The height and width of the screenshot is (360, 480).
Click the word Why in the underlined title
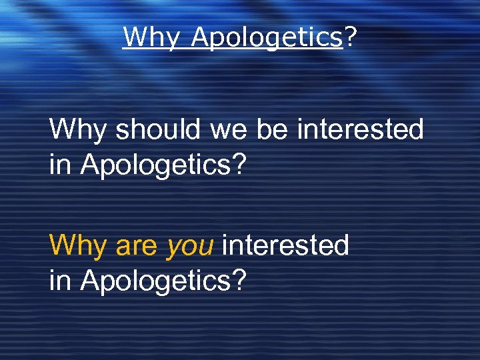(x=151, y=37)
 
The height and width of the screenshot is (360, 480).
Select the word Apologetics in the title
(x=266, y=37)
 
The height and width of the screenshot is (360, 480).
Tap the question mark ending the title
(x=349, y=37)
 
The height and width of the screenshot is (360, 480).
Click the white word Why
(x=79, y=129)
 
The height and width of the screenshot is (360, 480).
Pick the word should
(x=158, y=129)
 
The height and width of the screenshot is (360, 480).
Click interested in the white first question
(x=360, y=129)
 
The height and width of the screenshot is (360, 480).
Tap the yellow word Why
(x=79, y=246)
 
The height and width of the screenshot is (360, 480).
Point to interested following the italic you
(x=285, y=246)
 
